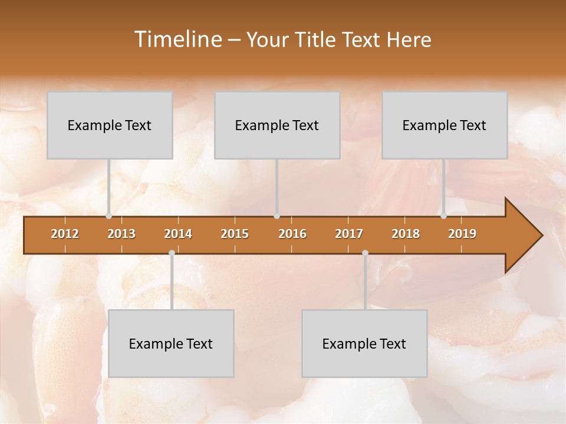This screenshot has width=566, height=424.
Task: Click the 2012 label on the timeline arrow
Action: tap(65, 234)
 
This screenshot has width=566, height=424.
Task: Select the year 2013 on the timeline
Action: tap(121, 234)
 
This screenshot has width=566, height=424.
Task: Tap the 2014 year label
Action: tap(178, 234)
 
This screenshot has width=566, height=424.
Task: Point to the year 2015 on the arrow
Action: tap(235, 234)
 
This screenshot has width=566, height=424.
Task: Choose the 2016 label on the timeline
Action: tap(292, 234)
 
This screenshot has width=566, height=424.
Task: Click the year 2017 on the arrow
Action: tap(349, 234)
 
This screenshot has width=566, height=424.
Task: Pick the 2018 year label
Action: tap(406, 234)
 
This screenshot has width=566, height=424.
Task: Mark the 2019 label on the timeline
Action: tap(462, 234)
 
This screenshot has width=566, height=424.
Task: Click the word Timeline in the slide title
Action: tap(177, 39)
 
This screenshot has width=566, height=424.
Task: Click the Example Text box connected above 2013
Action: tap(110, 125)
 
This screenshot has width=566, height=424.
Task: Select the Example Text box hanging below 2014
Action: tap(171, 343)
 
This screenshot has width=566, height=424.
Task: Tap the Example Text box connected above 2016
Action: tap(277, 125)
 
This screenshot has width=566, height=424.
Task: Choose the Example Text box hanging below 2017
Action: tap(364, 343)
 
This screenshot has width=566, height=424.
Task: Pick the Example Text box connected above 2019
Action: tap(445, 125)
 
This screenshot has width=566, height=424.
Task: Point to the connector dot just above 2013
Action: tap(108, 216)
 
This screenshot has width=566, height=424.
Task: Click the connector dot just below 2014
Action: tap(172, 253)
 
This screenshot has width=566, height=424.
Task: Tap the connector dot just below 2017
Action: tap(365, 253)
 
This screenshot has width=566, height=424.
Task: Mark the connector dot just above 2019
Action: tap(443, 216)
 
